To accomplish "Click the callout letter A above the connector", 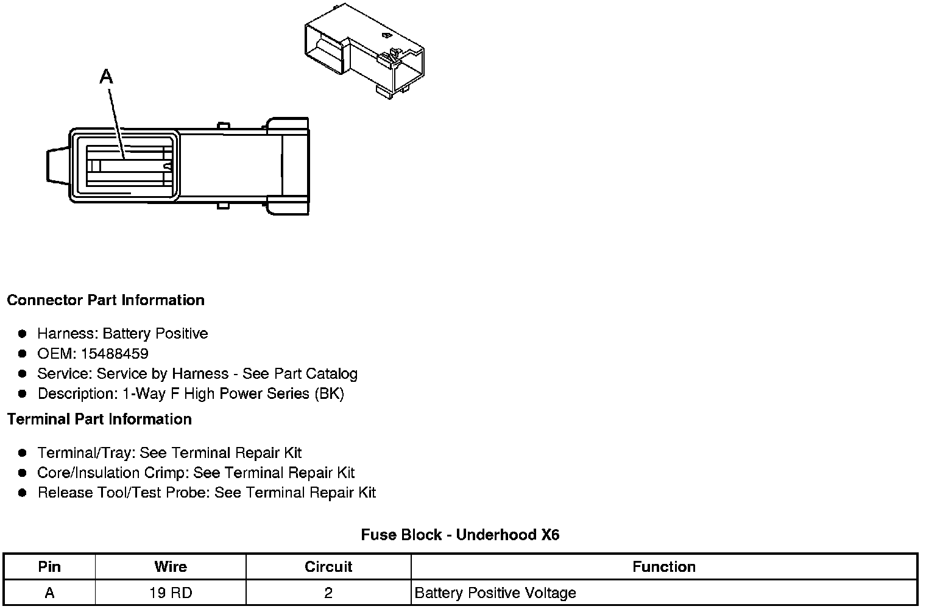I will point(106,77).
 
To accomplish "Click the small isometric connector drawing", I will point(364,51).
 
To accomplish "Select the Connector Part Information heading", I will point(105,300).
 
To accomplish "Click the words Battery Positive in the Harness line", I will point(155,334).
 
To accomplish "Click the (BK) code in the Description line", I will point(329,394).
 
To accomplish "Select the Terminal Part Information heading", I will point(99,420).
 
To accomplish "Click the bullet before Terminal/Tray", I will point(23,453).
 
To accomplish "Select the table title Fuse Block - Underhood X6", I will point(460,535).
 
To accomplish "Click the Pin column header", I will point(49,567).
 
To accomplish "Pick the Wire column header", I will point(171,567).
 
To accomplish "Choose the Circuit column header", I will point(328,567).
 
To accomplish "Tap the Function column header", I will point(663,567).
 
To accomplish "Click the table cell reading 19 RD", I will point(171,593).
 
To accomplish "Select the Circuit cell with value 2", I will point(328,593).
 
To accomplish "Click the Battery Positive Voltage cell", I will point(495,593).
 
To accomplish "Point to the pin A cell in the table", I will point(49,593).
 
